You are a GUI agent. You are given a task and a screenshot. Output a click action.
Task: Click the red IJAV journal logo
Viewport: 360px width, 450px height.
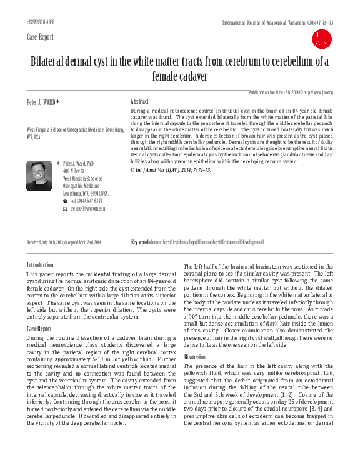(322, 38)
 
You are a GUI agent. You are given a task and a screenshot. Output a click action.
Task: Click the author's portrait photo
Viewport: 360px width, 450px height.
(39, 176)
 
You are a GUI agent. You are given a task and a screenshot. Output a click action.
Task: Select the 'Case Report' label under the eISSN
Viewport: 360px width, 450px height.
(41, 37)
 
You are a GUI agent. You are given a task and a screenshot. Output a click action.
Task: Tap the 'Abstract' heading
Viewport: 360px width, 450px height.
(139, 101)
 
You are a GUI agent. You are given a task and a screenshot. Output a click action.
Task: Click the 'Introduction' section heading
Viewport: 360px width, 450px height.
(40, 266)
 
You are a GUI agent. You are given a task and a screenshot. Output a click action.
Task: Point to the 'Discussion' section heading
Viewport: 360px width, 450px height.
(196, 357)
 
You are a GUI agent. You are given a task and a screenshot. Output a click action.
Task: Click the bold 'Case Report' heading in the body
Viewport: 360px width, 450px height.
(40, 329)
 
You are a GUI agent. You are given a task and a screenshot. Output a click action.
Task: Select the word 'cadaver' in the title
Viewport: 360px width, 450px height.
(191, 77)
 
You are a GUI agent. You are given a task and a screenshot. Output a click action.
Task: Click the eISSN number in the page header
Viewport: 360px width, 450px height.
(41, 22)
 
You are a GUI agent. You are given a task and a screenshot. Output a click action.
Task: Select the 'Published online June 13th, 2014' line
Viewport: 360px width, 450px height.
(291, 92)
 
